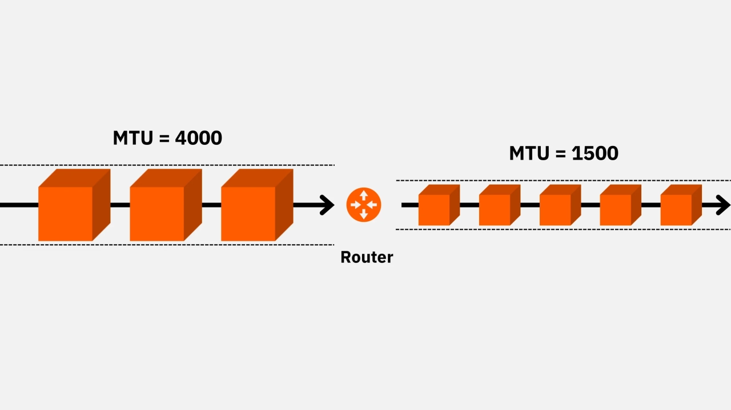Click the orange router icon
363,205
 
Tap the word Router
367,257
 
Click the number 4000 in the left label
198,138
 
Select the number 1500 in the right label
595,153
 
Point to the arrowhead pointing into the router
327,205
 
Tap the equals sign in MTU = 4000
164,139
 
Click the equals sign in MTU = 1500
561,154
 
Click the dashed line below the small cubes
563,229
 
